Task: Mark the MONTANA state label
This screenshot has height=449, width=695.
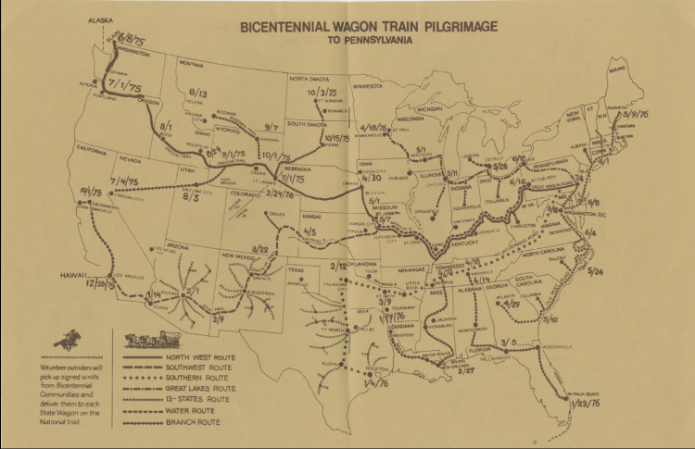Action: coord(190,64)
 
